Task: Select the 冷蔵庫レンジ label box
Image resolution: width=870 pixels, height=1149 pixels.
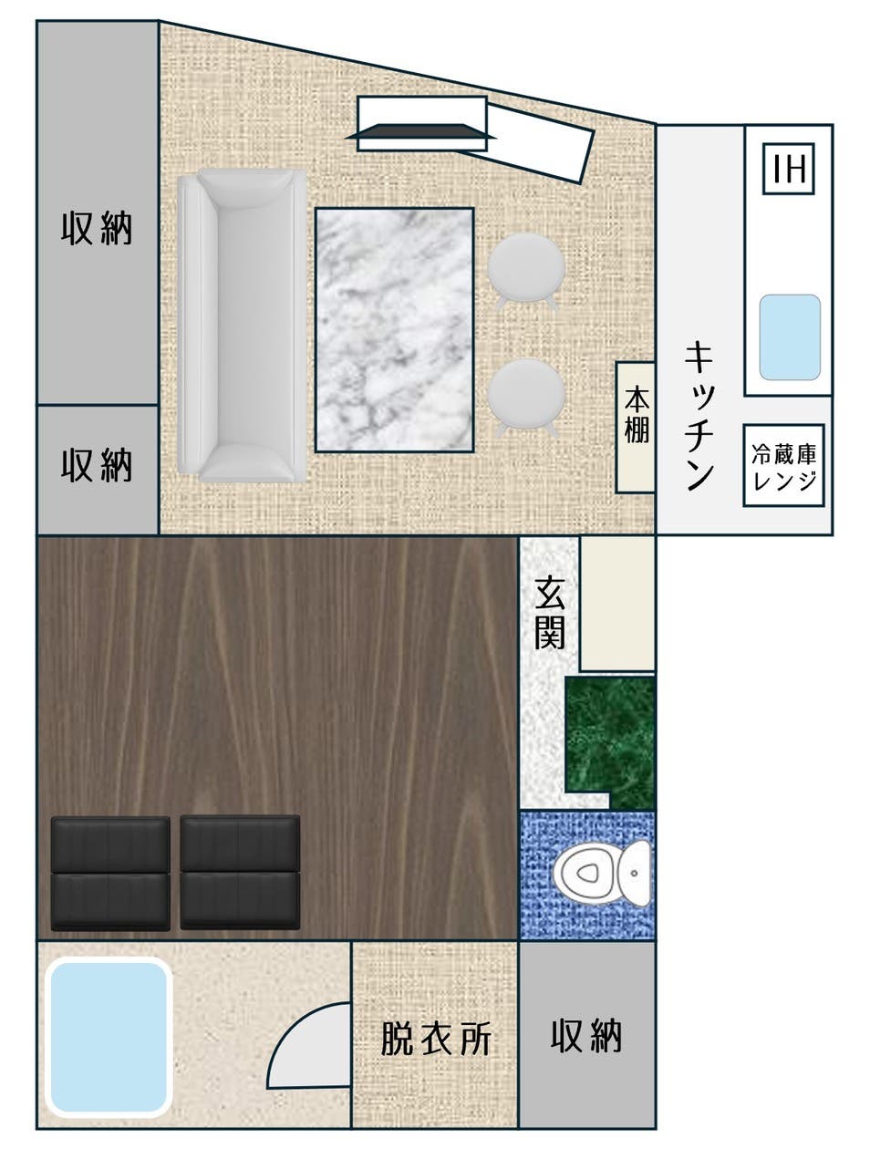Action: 783,466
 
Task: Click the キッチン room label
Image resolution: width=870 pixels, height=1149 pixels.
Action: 698,415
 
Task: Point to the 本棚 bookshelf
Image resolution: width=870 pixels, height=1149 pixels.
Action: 636,428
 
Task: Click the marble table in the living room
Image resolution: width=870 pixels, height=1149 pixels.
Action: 394,329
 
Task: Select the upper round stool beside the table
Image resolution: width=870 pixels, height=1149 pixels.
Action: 526,268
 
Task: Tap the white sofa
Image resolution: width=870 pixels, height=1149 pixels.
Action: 242,325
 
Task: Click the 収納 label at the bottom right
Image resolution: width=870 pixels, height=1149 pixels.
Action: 586,1036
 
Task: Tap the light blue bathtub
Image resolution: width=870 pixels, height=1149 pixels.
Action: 109,1038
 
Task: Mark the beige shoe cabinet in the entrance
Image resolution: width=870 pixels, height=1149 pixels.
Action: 617,604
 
